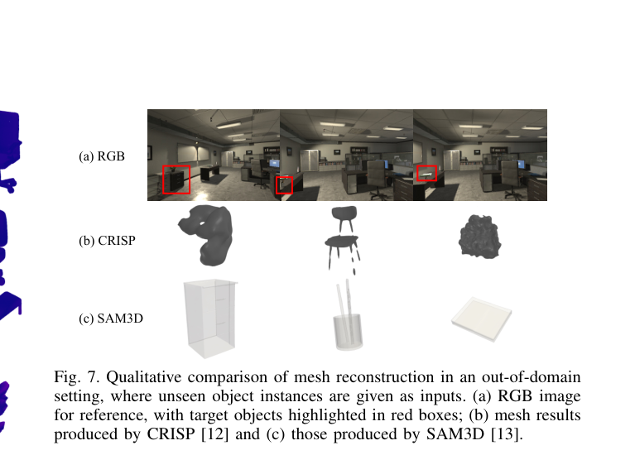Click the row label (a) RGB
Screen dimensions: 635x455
[102, 156]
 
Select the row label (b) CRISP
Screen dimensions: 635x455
[107, 241]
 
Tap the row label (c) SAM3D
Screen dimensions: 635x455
[111, 318]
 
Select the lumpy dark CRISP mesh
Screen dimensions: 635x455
[480, 237]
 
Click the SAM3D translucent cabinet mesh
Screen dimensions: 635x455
[209, 318]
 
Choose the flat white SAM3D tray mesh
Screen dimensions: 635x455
[482, 319]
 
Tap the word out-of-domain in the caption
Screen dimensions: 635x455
[531, 377]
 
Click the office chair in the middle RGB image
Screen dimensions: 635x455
[377, 178]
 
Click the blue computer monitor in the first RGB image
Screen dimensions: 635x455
[275, 164]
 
